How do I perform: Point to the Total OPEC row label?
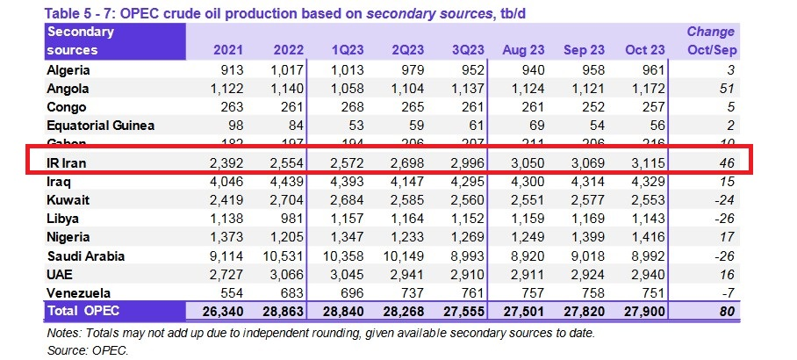(x=83, y=311)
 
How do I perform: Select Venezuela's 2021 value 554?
(x=219, y=292)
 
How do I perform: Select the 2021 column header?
(x=217, y=51)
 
